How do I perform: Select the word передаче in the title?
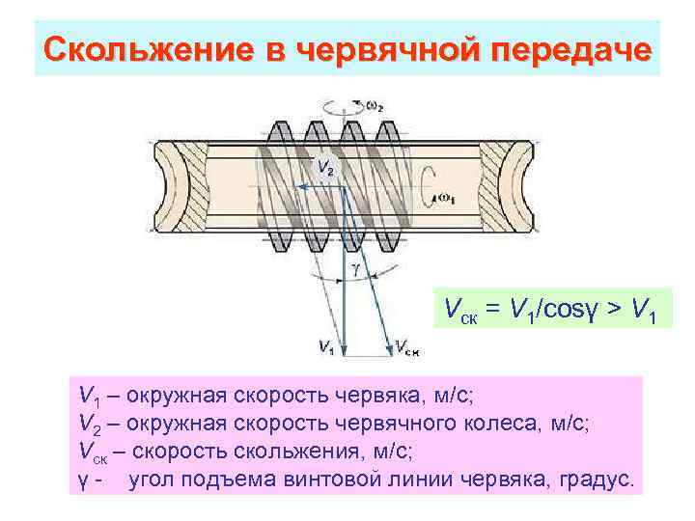(x=573, y=49)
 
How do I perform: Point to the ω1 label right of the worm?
(x=447, y=198)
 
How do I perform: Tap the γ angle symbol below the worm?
(x=355, y=270)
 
